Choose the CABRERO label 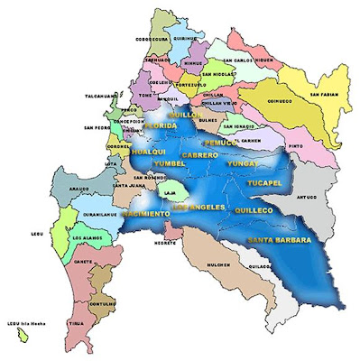(199, 156)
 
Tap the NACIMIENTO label (144, 215)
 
